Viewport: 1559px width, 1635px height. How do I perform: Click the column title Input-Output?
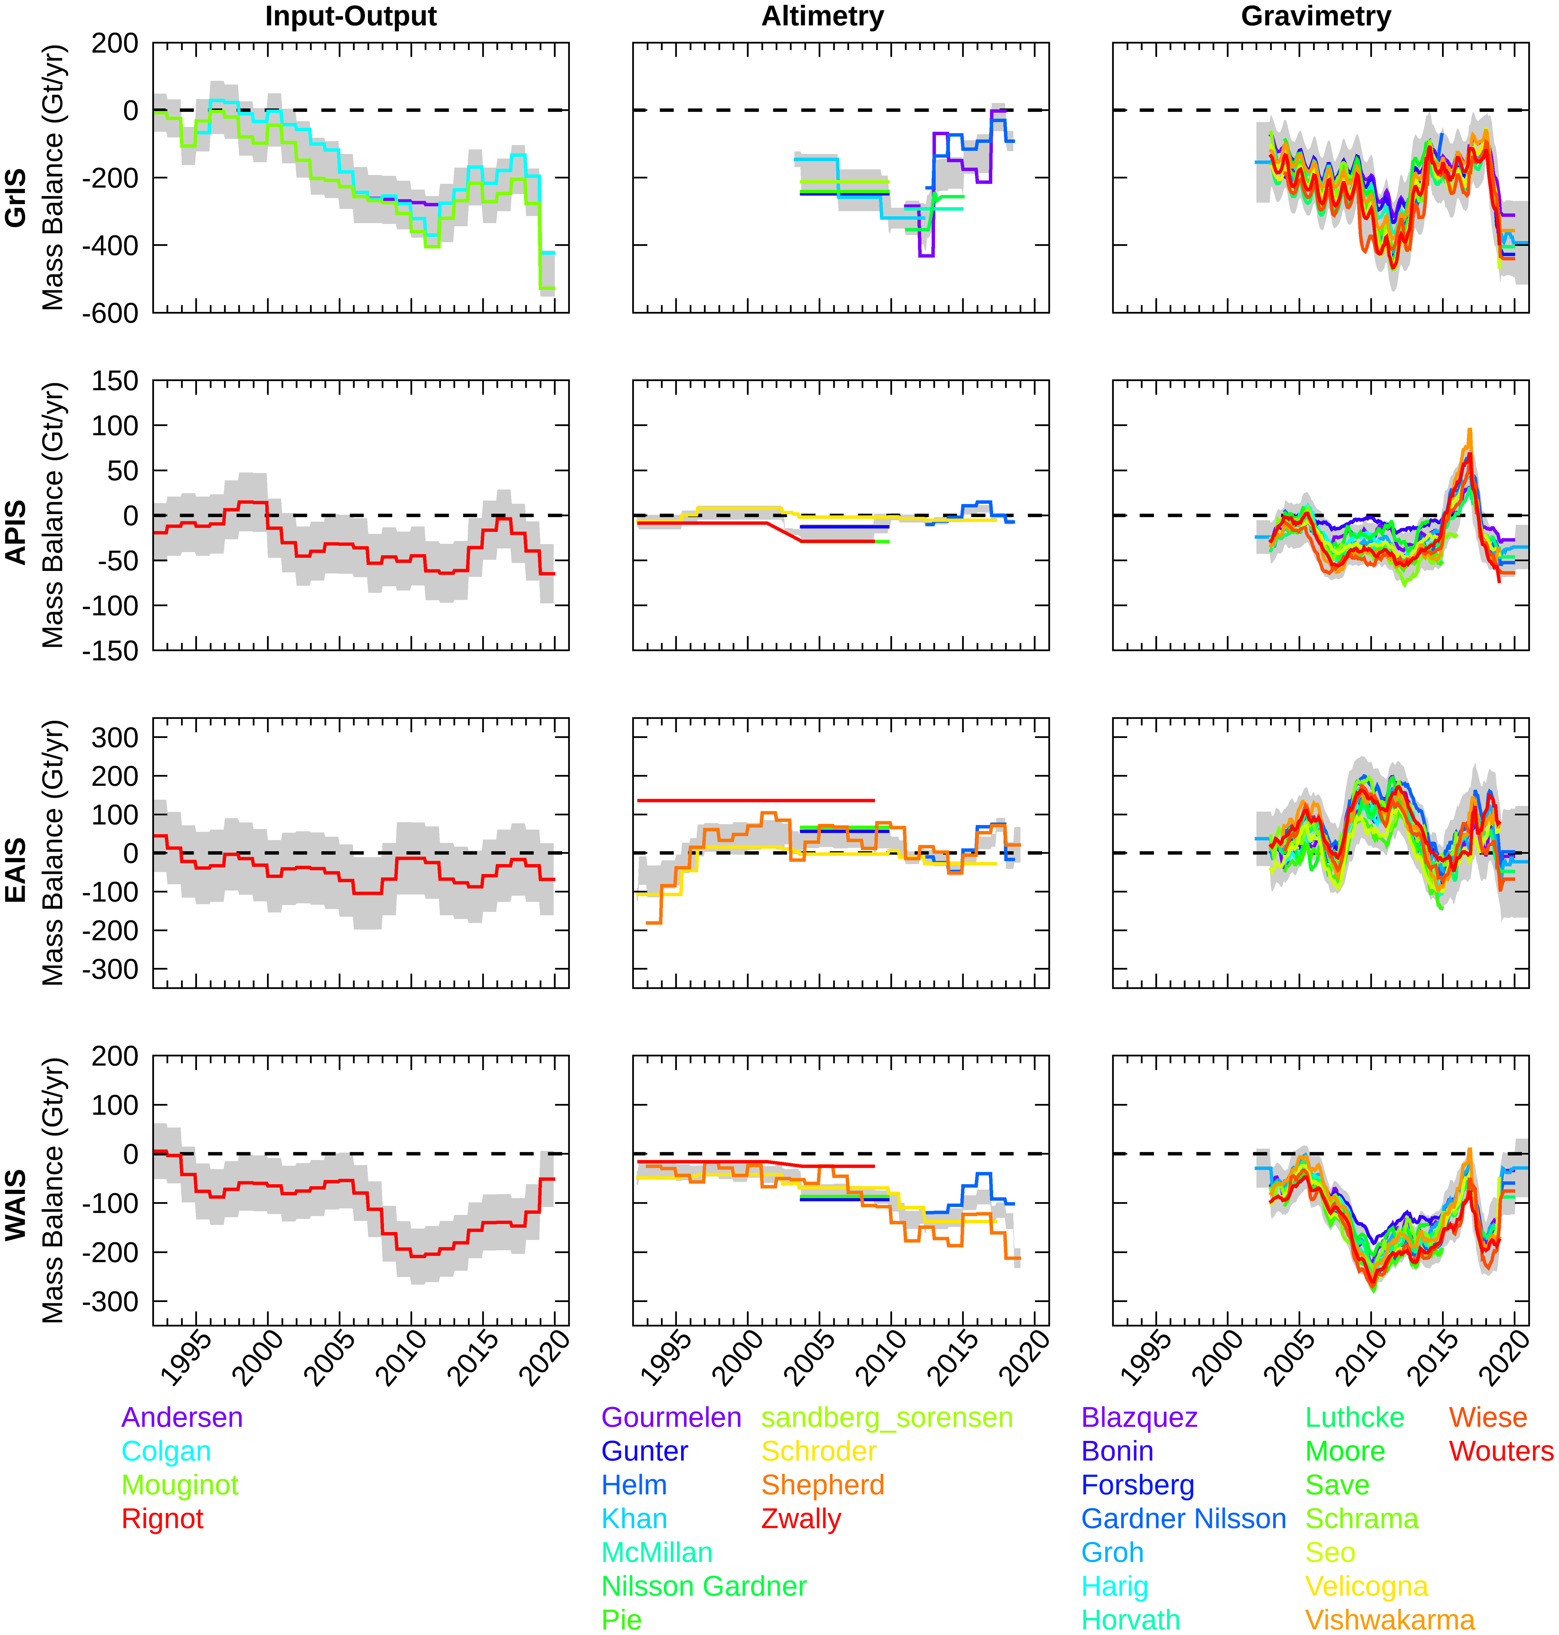tap(351, 17)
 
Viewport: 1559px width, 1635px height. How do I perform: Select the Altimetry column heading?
tap(823, 17)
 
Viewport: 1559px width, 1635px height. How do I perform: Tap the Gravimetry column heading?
tap(1315, 17)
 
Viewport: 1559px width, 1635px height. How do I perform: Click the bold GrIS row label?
tap(17, 198)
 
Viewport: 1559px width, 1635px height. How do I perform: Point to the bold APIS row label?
tap(17, 533)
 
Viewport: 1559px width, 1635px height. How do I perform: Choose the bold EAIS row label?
tap(17, 870)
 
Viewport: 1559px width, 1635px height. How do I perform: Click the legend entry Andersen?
tap(182, 1417)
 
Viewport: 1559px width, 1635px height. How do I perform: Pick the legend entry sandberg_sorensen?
tap(887, 1417)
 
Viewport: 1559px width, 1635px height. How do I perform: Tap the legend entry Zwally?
tap(801, 1519)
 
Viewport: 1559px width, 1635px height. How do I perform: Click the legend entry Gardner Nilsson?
tap(1183, 1519)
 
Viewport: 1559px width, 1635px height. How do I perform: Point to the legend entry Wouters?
tap(1501, 1451)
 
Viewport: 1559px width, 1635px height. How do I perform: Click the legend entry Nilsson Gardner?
tap(704, 1586)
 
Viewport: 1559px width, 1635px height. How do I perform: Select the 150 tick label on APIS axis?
tap(115, 381)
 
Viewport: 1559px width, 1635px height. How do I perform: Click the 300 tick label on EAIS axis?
tap(115, 738)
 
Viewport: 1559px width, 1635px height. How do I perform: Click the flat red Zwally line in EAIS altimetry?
tap(756, 800)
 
